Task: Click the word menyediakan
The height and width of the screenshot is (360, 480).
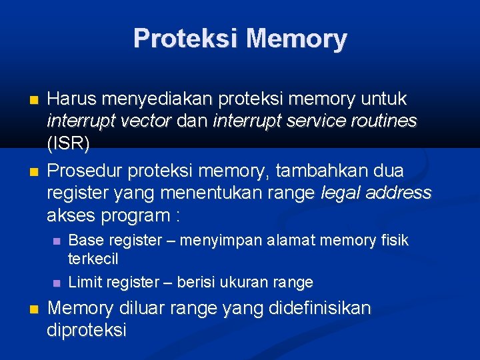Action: (x=157, y=99)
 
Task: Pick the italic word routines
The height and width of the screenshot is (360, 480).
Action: (x=384, y=121)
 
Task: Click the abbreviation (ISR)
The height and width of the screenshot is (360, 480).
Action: (x=68, y=143)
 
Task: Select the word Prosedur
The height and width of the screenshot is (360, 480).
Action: (x=86, y=171)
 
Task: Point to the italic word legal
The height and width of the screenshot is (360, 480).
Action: (x=341, y=193)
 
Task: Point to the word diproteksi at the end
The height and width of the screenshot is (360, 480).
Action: (x=87, y=330)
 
